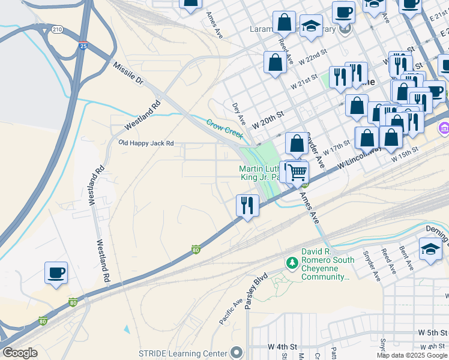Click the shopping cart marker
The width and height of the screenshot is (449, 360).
click(297, 172)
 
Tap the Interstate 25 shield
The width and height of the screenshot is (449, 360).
click(82, 46)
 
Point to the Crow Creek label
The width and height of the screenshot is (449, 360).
click(224, 128)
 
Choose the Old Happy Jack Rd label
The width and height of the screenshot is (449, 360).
click(146, 143)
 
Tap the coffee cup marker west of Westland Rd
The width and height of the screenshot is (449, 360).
click(56, 273)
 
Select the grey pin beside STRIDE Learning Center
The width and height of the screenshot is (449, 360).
click(237, 352)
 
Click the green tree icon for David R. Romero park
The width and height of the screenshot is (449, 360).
click(292, 263)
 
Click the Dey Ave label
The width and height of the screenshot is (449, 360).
click(238, 111)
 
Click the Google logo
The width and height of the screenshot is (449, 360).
click(20, 353)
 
